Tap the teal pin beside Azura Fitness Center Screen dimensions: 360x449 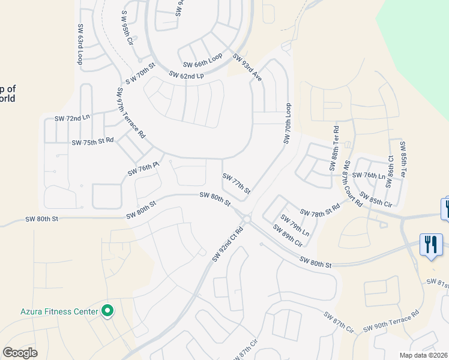pyautogui.click(x=107, y=311)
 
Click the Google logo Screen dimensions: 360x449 pyautogui.click(x=20, y=353)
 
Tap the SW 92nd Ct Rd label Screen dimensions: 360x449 pyautogui.click(x=228, y=244)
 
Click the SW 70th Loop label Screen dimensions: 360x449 pyautogui.click(x=287, y=122)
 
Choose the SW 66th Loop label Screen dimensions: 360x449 pyautogui.click(x=202, y=60)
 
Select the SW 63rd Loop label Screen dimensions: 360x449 pyautogui.click(x=80, y=44)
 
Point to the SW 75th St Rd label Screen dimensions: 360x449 pyautogui.click(x=92, y=142)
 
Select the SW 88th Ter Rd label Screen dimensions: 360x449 pyautogui.click(x=334, y=149)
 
